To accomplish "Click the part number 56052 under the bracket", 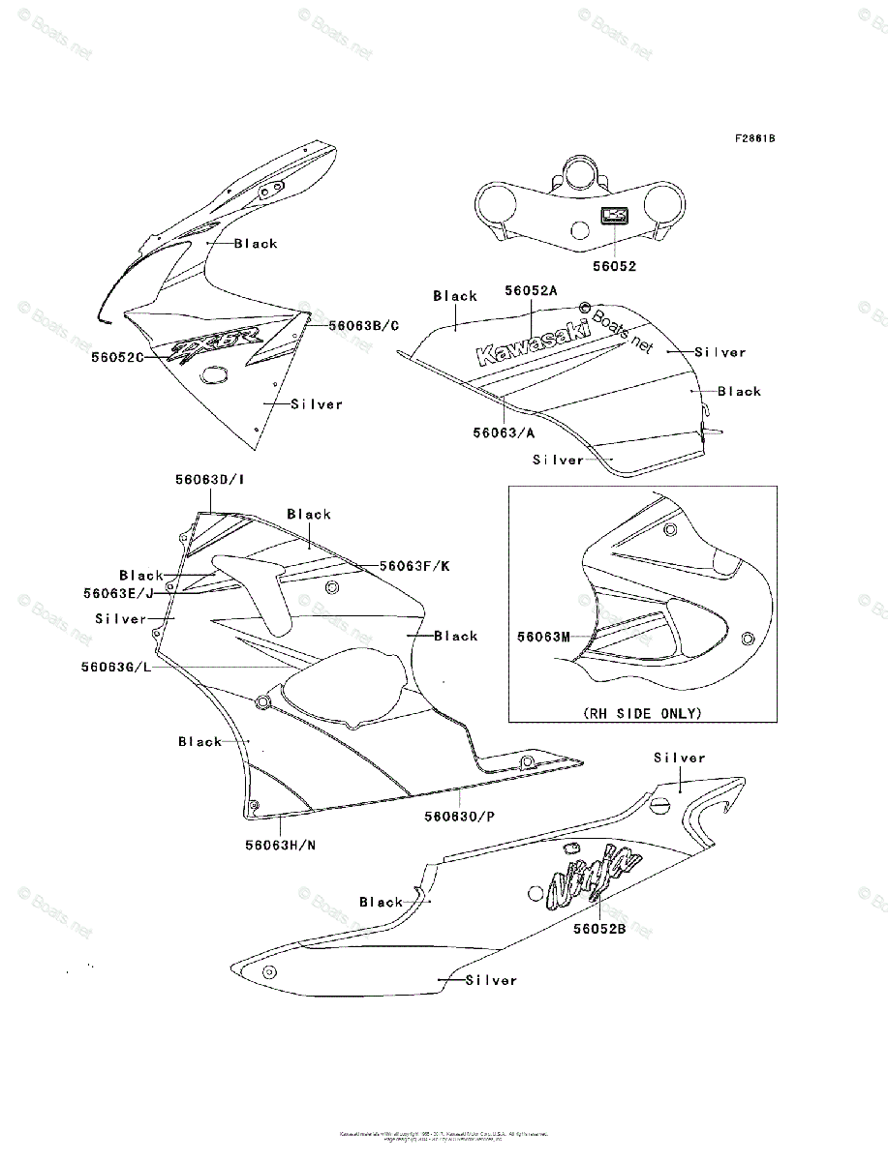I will pyautogui.click(x=614, y=266).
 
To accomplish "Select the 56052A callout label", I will pyautogui.click(x=532, y=289).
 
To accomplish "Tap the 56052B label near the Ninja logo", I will pyautogui.click(x=598, y=929).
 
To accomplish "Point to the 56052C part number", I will pyautogui.click(x=118, y=356).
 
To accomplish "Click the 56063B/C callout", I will pyautogui.click(x=363, y=326).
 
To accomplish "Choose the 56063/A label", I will pyautogui.click(x=504, y=432).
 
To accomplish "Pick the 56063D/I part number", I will pyautogui.click(x=209, y=479).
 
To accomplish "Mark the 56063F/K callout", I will pyautogui.click(x=414, y=566).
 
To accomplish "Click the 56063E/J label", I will pyautogui.click(x=119, y=593).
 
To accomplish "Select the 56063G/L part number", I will pyautogui.click(x=116, y=667).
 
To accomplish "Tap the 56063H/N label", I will pyautogui.click(x=280, y=845).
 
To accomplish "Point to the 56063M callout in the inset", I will pyautogui.click(x=542, y=637).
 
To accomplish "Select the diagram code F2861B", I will pyautogui.click(x=753, y=138).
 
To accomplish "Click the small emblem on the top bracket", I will pyautogui.click(x=614, y=217).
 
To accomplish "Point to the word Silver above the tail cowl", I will pyautogui.click(x=680, y=758).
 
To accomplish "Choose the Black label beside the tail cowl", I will pyautogui.click(x=381, y=902).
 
